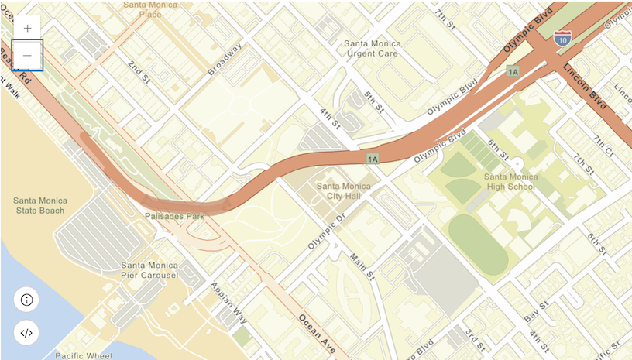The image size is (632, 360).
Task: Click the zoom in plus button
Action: click(x=27, y=27)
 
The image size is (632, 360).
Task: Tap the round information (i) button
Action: click(x=26, y=300)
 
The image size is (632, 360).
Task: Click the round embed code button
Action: click(x=26, y=333)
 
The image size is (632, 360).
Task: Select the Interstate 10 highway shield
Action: click(x=564, y=36)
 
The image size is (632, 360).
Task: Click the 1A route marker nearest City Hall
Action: click(x=373, y=159)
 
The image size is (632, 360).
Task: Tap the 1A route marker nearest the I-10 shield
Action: click(x=512, y=71)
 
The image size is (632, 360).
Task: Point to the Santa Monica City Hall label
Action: click(x=345, y=191)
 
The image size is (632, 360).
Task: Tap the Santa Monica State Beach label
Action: click(x=40, y=205)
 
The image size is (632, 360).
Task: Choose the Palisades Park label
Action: click(x=174, y=217)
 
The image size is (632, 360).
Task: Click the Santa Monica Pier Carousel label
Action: click(x=150, y=269)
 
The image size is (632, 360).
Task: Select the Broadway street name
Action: click(x=225, y=58)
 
